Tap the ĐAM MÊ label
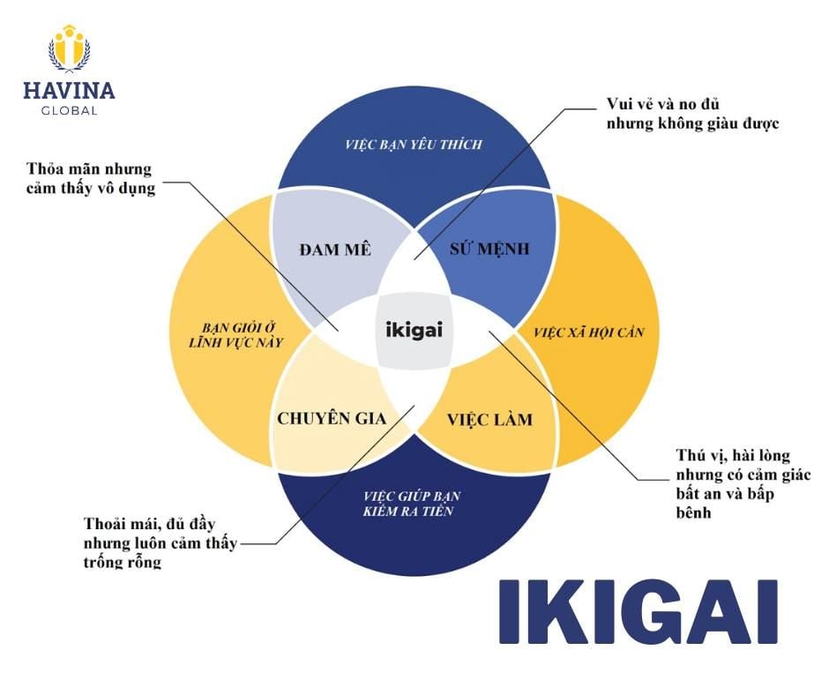pyautogui.click(x=335, y=249)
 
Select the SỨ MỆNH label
pyautogui.click(x=490, y=248)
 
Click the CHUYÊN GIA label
pyautogui.click(x=332, y=418)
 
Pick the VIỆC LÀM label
pyautogui.click(x=489, y=419)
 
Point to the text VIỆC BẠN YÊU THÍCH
pyautogui.click(x=414, y=144)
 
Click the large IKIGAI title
pyautogui.click(x=638, y=611)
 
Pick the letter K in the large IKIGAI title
pyautogui.click(x=571, y=611)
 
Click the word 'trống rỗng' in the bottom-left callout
pyautogui.click(x=123, y=562)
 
